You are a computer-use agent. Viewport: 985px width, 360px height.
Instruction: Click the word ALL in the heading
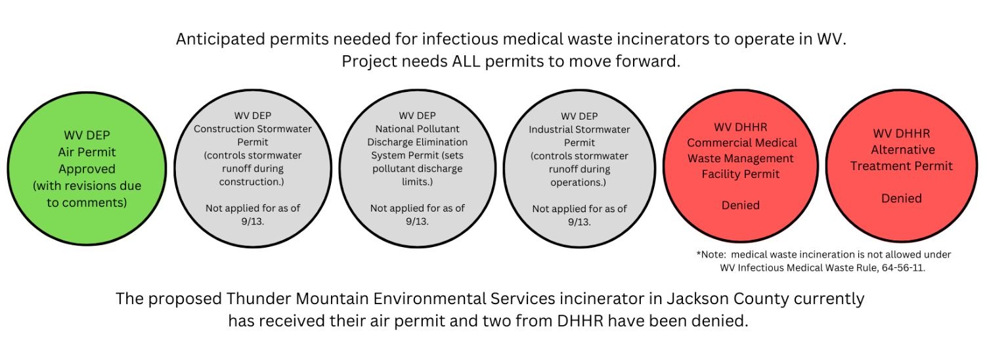[x=466, y=61]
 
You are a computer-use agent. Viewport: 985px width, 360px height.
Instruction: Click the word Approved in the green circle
[x=87, y=169]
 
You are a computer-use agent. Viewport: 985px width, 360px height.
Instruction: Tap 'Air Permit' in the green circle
[x=87, y=152]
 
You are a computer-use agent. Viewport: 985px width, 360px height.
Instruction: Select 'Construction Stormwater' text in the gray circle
[x=252, y=129]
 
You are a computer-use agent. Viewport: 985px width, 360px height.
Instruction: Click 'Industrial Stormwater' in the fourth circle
[x=579, y=129]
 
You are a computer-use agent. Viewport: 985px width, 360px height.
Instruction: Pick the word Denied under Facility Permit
[x=741, y=205]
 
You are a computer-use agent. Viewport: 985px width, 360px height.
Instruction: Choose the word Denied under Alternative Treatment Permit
[x=902, y=198]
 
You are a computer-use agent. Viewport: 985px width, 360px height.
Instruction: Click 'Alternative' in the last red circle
[x=903, y=150]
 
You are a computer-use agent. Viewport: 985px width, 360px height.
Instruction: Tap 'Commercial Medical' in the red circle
[x=742, y=143]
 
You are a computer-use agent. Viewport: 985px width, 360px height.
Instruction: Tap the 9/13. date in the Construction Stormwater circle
[x=252, y=221]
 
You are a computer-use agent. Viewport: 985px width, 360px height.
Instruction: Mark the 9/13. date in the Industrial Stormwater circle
[x=579, y=222]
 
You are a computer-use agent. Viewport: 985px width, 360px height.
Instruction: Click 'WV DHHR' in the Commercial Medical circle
[x=741, y=127]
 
